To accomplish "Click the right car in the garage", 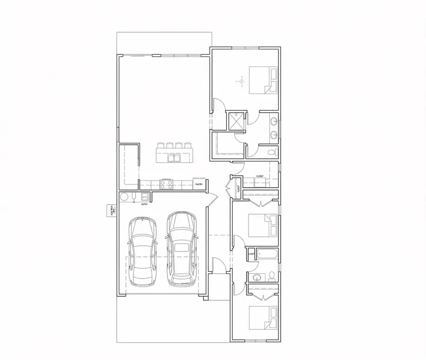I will click(x=181, y=249).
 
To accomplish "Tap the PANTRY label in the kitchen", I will click(x=199, y=184).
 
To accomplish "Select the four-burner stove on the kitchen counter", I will click(x=167, y=183).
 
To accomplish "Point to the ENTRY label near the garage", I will click(x=144, y=204).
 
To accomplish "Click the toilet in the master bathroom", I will click(x=272, y=152).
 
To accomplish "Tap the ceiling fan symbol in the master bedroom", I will click(x=242, y=83).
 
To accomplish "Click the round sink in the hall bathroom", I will click(x=257, y=278).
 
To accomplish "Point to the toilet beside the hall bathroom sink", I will click(x=272, y=276).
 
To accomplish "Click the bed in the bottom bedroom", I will click(x=263, y=318).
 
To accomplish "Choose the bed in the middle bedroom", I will click(x=263, y=225).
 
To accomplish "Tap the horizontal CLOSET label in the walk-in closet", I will click(x=260, y=176).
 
